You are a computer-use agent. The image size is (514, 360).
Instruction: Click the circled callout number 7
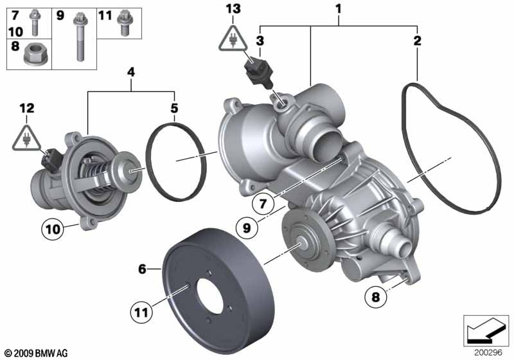[x=263, y=204]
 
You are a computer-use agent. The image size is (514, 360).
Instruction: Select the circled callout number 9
[x=247, y=228]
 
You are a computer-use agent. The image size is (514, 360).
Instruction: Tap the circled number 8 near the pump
[x=376, y=297]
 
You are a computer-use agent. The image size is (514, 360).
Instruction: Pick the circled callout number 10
[x=53, y=230]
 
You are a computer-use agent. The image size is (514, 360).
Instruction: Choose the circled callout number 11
[x=141, y=312]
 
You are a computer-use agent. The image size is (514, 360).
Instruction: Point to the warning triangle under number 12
[x=26, y=138]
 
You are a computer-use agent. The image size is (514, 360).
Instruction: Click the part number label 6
[x=142, y=269]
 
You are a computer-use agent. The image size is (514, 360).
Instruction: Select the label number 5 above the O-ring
[x=174, y=108]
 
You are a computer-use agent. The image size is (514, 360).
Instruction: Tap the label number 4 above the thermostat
[x=131, y=72]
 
